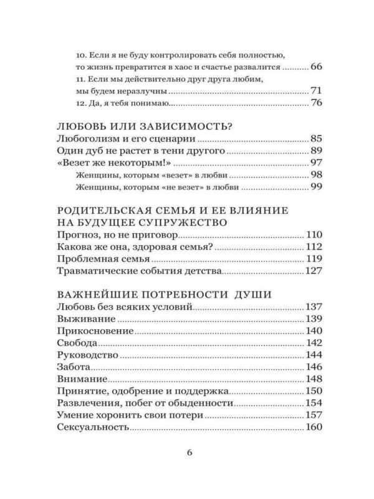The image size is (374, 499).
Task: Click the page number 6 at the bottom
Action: tap(191, 453)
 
